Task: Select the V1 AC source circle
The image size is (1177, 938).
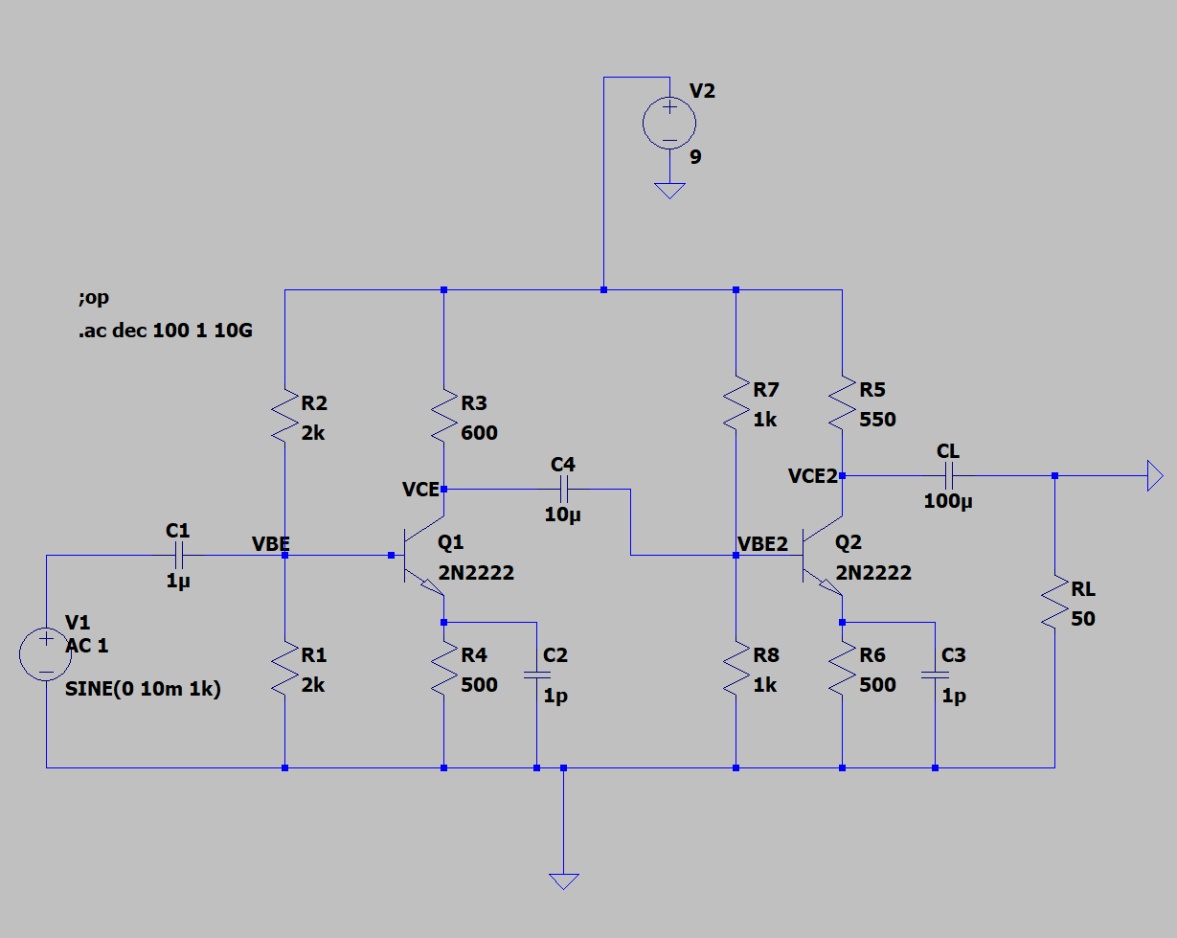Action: point(46,654)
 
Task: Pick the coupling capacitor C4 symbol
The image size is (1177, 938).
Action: point(563,490)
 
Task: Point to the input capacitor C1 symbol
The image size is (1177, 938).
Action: point(178,555)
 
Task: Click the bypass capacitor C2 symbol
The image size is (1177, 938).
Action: point(536,675)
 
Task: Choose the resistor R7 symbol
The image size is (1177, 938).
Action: point(736,402)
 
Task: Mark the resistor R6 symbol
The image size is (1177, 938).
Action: point(842,670)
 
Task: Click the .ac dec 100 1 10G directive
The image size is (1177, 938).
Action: point(166,331)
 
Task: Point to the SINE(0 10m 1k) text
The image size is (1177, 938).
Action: point(143,688)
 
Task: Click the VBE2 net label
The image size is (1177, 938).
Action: point(762,544)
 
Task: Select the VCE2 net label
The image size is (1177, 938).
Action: point(812,476)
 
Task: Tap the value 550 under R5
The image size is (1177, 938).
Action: point(877,420)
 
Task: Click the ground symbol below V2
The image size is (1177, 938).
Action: point(668,190)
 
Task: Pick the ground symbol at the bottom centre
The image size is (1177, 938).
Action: point(563,881)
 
